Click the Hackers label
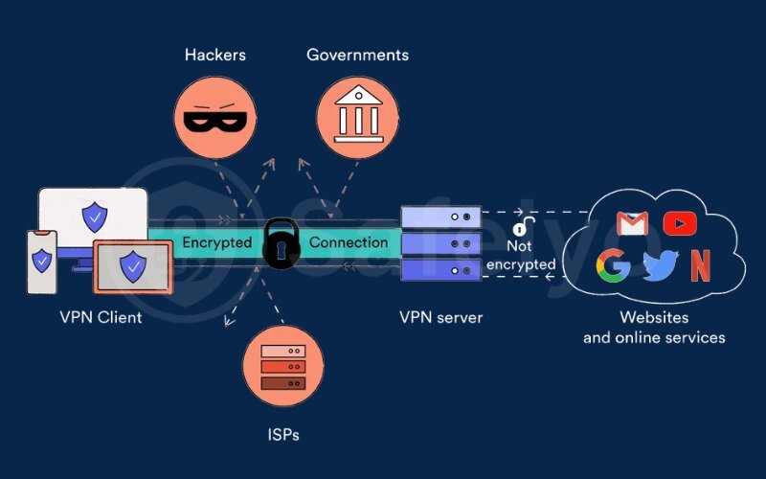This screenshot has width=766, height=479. pyautogui.click(x=214, y=55)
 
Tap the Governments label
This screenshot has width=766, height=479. pyautogui.click(x=357, y=55)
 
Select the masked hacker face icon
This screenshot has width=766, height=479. pyautogui.click(x=215, y=118)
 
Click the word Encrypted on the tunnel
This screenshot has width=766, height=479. pyautogui.click(x=216, y=242)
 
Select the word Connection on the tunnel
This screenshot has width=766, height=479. pyautogui.click(x=349, y=242)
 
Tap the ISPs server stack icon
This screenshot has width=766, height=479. pyautogui.click(x=283, y=366)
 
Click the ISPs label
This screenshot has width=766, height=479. pyautogui.click(x=283, y=435)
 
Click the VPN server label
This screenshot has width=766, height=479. pyautogui.click(x=439, y=317)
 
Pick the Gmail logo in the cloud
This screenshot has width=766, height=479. pyautogui.click(x=632, y=223)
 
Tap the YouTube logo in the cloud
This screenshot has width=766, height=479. pyautogui.click(x=679, y=223)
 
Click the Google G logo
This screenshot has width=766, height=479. pyautogui.click(x=613, y=265)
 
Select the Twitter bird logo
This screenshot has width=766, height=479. pyautogui.click(x=659, y=266)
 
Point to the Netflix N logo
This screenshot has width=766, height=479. pyautogui.click(x=701, y=265)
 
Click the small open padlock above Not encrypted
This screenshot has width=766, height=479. pyautogui.click(x=521, y=227)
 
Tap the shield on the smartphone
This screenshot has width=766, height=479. pyautogui.click(x=41, y=261)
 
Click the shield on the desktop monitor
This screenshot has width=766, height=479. pyautogui.click(x=94, y=217)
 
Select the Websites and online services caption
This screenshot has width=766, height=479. pyautogui.click(x=654, y=328)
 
